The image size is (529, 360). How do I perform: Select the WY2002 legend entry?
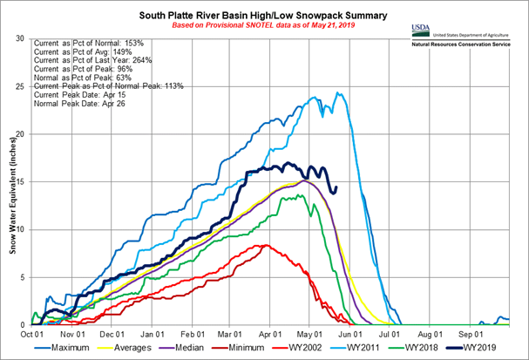pos(309,347)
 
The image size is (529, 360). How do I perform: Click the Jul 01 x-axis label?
pos(389,332)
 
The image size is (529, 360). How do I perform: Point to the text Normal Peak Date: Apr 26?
pos(79,104)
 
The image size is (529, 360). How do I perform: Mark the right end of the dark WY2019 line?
pos(337,187)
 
